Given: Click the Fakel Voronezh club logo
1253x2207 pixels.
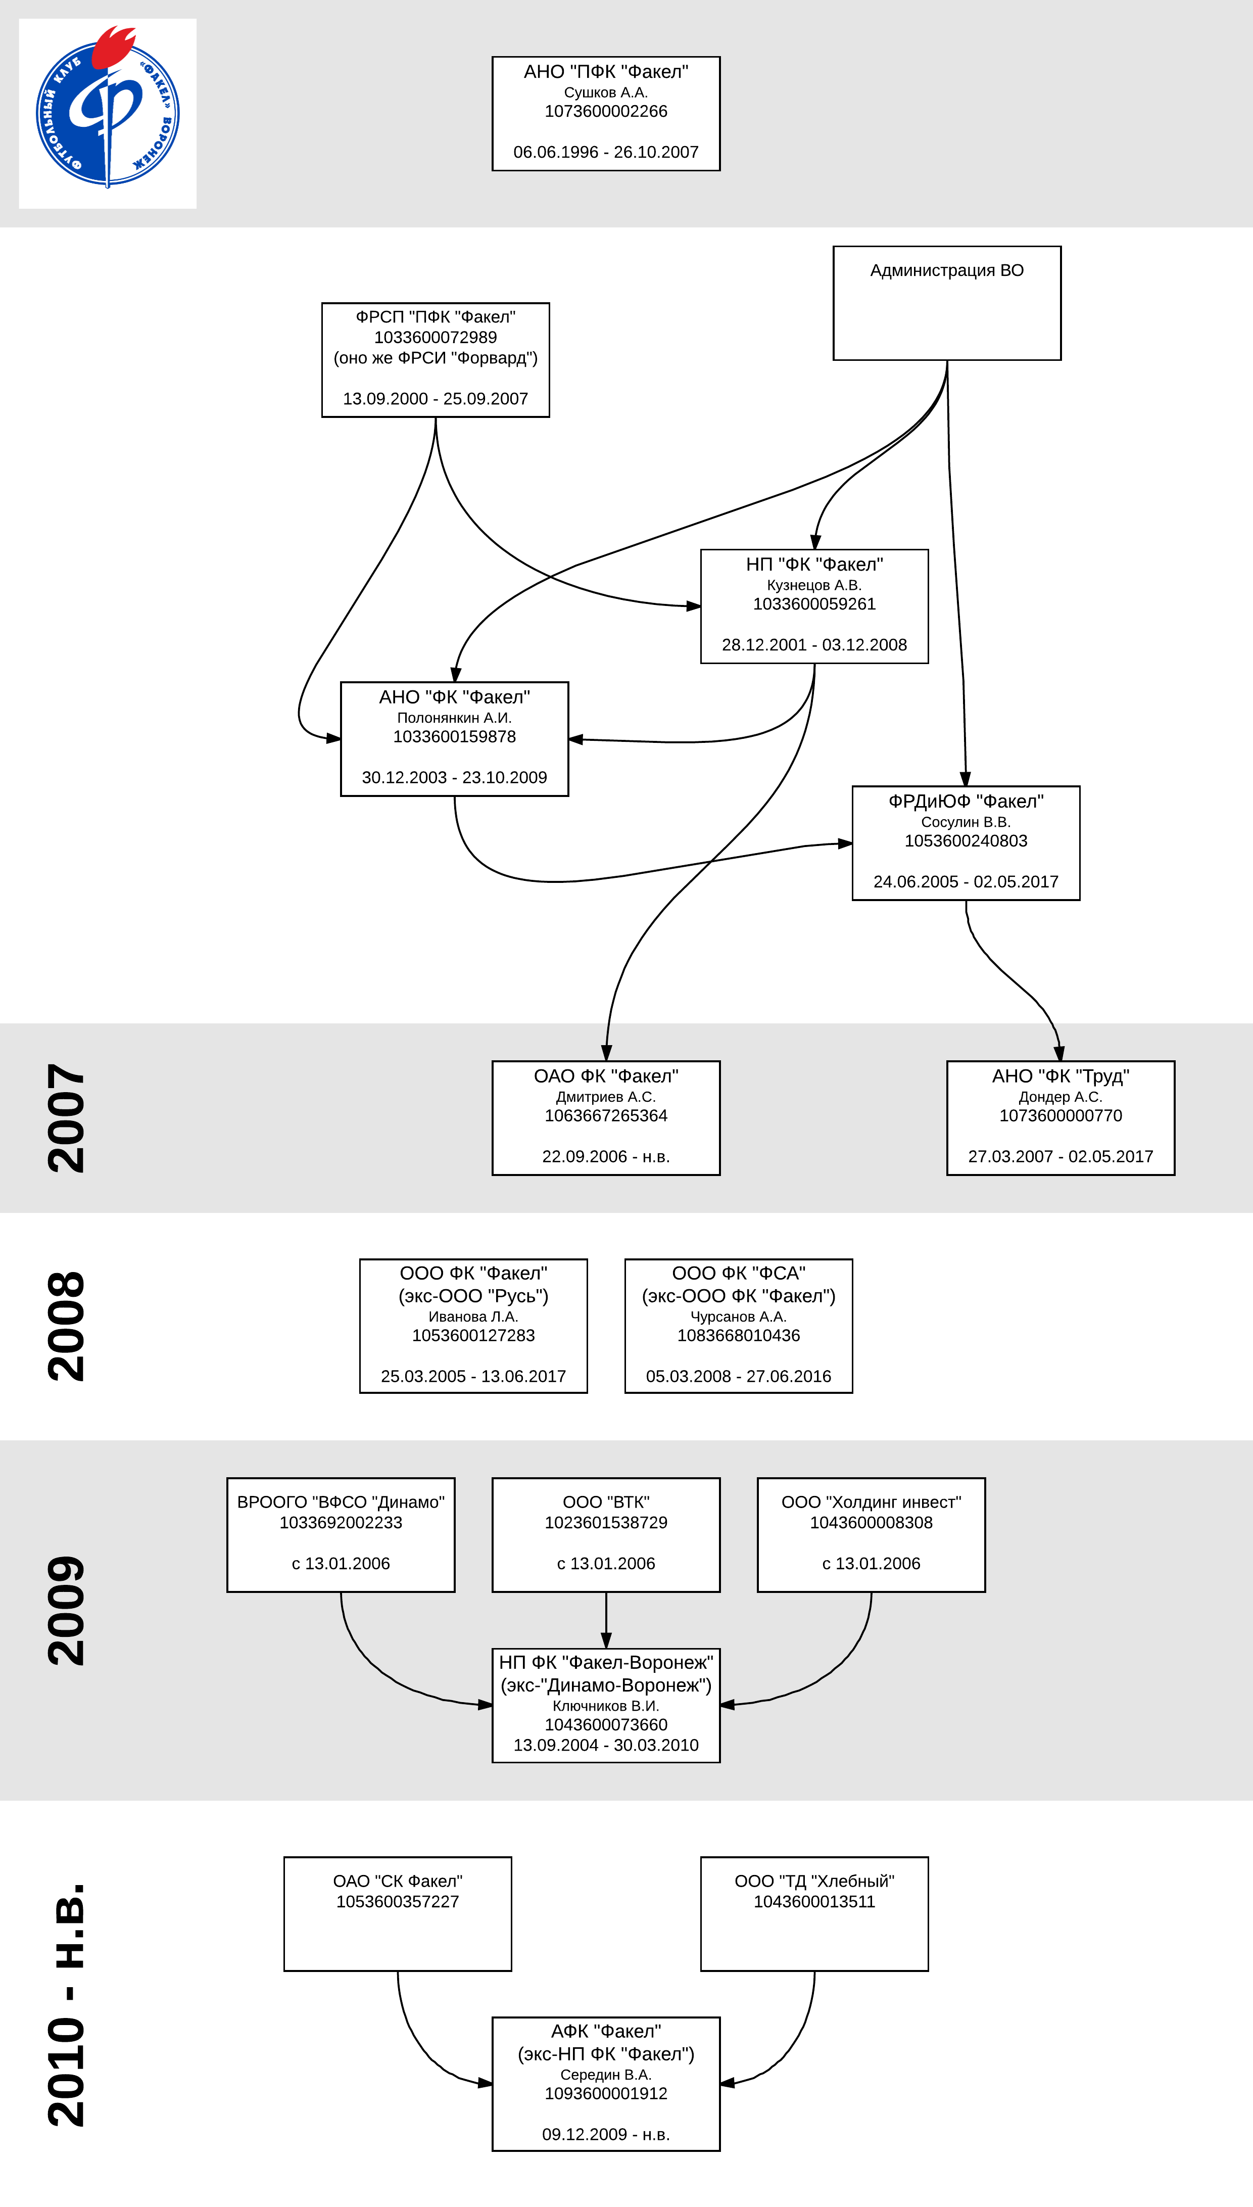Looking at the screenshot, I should coord(108,114).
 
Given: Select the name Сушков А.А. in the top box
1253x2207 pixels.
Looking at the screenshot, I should coord(606,92).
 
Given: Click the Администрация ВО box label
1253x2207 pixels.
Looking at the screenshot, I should coord(947,270).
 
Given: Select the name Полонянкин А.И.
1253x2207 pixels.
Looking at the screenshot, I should coord(454,717).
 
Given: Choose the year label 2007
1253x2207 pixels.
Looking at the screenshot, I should coord(66,1117).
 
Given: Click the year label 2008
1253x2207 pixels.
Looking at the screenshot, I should coord(66,1326).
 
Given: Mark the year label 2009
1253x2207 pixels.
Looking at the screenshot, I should coord(66,1610).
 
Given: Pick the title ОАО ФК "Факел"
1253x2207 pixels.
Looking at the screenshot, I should coord(606,1076).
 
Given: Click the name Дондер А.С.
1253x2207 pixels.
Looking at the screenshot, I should coord(1060,1097).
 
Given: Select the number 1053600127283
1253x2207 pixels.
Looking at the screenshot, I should coord(473,1335).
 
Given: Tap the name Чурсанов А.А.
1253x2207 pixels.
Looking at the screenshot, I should coord(738,1316).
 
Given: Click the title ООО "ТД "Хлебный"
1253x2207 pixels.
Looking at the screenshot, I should coord(814,1881).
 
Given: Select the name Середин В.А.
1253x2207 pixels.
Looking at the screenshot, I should coord(606,2075).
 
